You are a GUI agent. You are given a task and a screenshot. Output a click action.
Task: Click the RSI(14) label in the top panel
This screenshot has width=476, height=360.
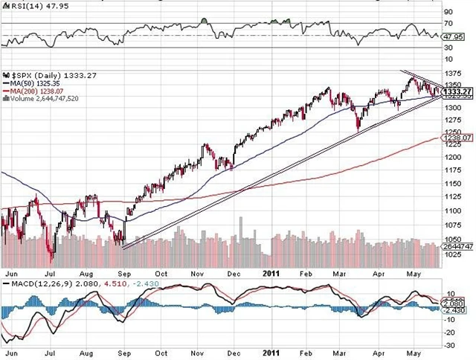(23, 5)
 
